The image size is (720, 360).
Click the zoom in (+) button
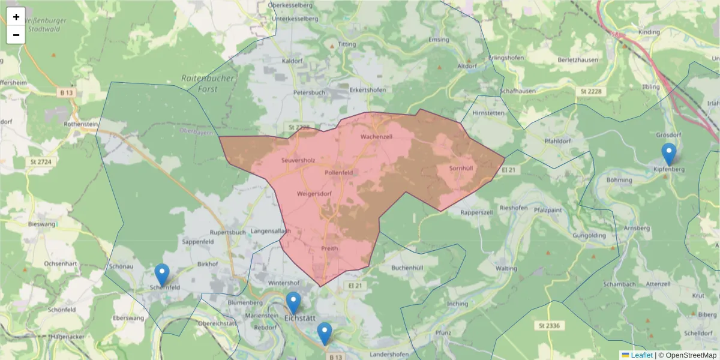click(x=16, y=16)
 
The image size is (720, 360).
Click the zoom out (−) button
click(x=16, y=35)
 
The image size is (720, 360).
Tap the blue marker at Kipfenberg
click(x=668, y=154)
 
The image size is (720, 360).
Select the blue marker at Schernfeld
click(x=161, y=275)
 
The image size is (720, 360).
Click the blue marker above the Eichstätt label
click(x=293, y=303)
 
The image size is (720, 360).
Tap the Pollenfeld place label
click(x=338, y=172)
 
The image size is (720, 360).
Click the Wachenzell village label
click(x=376, y=137)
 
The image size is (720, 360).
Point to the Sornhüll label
click(x=461, y=168)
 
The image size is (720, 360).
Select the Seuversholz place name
click(x=298, y=160)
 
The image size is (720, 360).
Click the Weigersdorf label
click(x=314, y=194)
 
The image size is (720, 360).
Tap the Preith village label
click(x=329, y=248)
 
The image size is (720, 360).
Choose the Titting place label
click(x=347, y=44)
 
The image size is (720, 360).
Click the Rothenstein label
click(x=80, y=124)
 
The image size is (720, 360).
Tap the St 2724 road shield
click(x=41, y=162)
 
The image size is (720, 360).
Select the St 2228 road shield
click(x=591, y=91)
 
